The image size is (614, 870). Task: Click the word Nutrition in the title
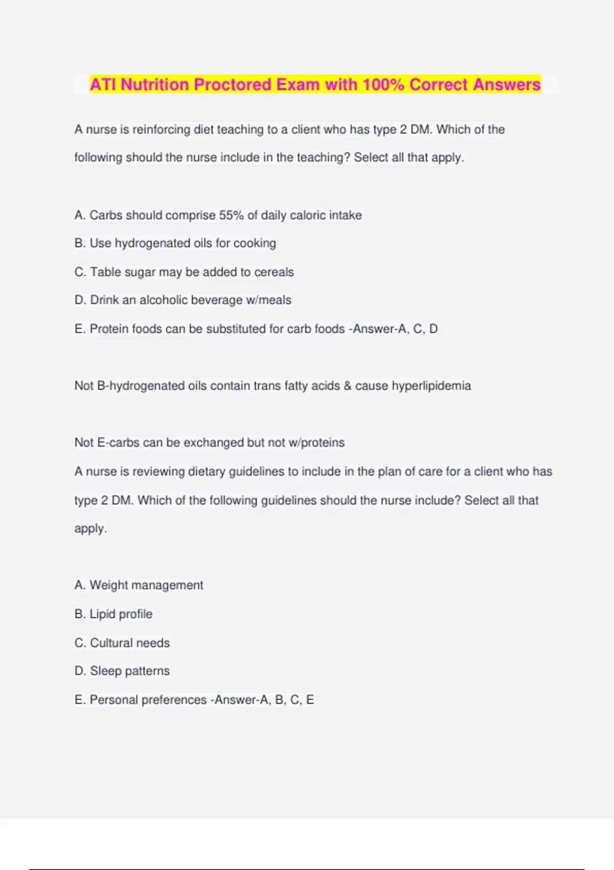pyautogui.click(x=155, y=84)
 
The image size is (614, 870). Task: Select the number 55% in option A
pyautogui.click(x=231, y=215)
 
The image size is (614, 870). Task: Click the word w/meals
pyautogui.click(x=269, y=300)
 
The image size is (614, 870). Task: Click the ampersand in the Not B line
pyautogui.click(x=347, y=386)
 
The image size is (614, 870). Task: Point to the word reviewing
pyautogui.click(x=161, y=471)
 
